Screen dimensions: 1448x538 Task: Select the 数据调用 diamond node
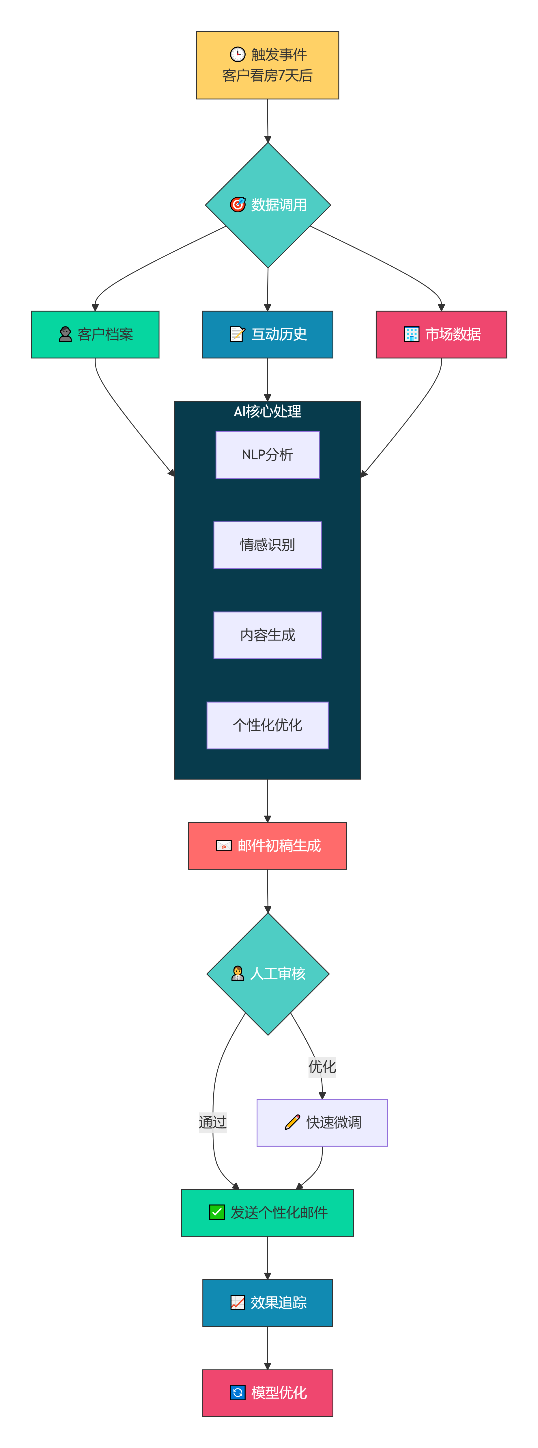click(268, 205)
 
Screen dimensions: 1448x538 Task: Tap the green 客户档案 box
click(95, 335)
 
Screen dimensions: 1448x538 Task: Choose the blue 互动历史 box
click(267, 335)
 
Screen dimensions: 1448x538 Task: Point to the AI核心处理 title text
click(267, 411)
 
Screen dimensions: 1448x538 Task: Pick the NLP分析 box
click(267, 455)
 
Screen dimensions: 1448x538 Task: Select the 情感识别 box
click(267, 545)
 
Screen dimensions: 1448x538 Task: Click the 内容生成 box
click(267, 635)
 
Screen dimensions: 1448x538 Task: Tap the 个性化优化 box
click(267, 725)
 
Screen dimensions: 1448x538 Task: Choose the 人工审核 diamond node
click(268, 974)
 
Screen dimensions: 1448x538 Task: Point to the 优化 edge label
click(322, 1066)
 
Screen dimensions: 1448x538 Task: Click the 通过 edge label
click(213, 1122)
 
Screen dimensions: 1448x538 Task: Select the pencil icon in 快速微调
click(292, 1122)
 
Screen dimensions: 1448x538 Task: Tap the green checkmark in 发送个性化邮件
click(217, 1213)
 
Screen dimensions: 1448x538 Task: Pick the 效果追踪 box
click(267, 1302)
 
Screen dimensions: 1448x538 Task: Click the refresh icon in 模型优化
click(238, 1392)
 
